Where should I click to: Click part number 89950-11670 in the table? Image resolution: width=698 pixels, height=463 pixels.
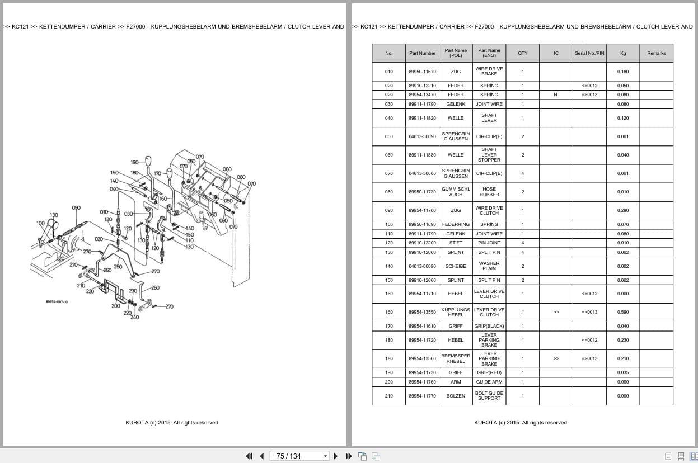(x=422, y=72)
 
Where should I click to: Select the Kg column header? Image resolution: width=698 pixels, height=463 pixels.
(x=622, y=53)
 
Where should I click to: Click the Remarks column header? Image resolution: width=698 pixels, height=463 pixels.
(x=656, y=53)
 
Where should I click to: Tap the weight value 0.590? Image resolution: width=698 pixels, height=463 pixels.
(x=622, y=312)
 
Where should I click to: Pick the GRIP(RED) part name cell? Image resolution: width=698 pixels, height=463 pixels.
(x=489, y=372)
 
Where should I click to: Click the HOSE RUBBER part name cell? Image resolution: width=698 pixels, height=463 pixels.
(x=489, y=192)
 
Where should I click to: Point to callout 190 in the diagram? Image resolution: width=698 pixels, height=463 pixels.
(x=134, y=163)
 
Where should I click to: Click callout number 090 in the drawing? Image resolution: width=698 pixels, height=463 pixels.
(x=76, y=208)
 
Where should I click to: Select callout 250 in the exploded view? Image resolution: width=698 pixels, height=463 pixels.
(x=118, y=267)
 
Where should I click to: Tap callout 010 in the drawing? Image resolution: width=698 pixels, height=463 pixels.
(x=104, y=212)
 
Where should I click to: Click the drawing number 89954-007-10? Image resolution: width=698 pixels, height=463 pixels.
(x=57, y=302)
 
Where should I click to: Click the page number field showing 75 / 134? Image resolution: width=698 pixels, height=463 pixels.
(x=299, y=456)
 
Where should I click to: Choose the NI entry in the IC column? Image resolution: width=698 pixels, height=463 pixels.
(x=556, y=95)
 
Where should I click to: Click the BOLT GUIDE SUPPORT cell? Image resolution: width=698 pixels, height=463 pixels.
(x=489, y=396)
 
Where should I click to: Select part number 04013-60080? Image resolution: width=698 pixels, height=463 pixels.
(x=422, y=266)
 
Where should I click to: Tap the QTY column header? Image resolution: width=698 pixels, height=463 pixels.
(x=522, y=53)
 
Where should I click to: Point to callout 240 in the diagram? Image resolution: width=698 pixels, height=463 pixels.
(x=134, y=318)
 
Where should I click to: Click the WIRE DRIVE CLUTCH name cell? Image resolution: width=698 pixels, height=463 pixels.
(x=489, y=210)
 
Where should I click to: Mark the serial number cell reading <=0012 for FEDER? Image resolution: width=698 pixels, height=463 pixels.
(x=589, y=86)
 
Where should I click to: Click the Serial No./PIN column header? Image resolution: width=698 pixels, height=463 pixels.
(x=589, y=53)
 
